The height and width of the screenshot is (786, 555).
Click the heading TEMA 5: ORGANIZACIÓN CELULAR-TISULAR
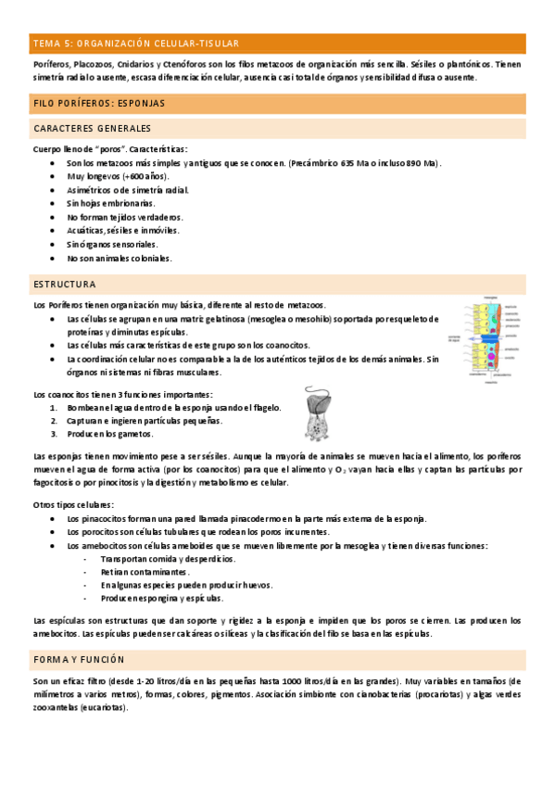136,43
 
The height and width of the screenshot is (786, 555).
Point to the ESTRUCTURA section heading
64,283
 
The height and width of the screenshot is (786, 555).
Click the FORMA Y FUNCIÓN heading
78,659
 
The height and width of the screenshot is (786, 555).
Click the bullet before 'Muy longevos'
53,176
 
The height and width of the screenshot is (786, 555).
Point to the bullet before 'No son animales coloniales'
53,258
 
